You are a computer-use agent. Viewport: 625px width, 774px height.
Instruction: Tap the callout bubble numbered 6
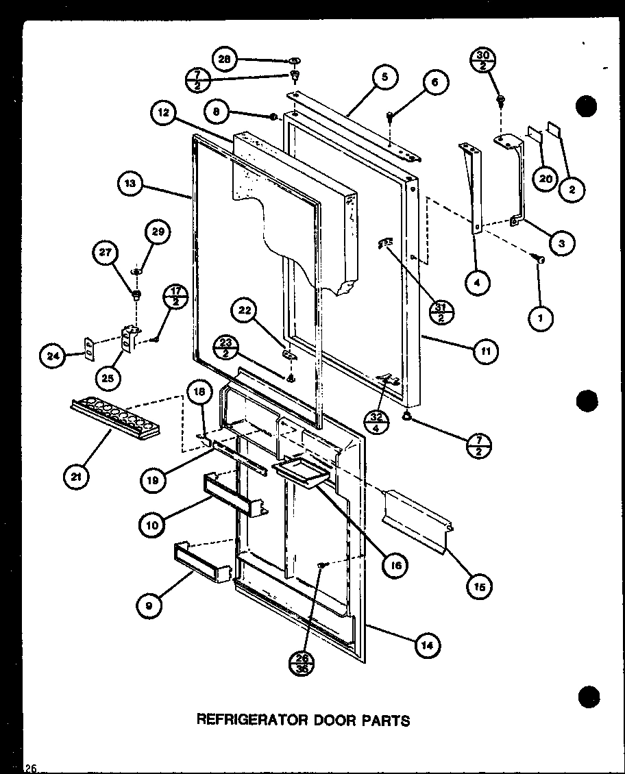(434, 83)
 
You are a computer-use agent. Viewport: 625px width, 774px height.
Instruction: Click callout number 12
(164, 114)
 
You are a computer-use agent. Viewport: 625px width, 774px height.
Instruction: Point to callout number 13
(131, 184)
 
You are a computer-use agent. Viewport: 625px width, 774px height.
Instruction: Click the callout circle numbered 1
(541, 317)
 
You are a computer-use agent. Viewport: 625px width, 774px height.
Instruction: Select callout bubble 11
(485, 351)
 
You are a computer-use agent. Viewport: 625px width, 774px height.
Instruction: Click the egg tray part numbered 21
(115, 418)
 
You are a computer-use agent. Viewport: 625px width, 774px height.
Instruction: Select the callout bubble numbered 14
(427, 645)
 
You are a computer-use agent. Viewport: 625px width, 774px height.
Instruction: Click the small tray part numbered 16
(299, 471)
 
